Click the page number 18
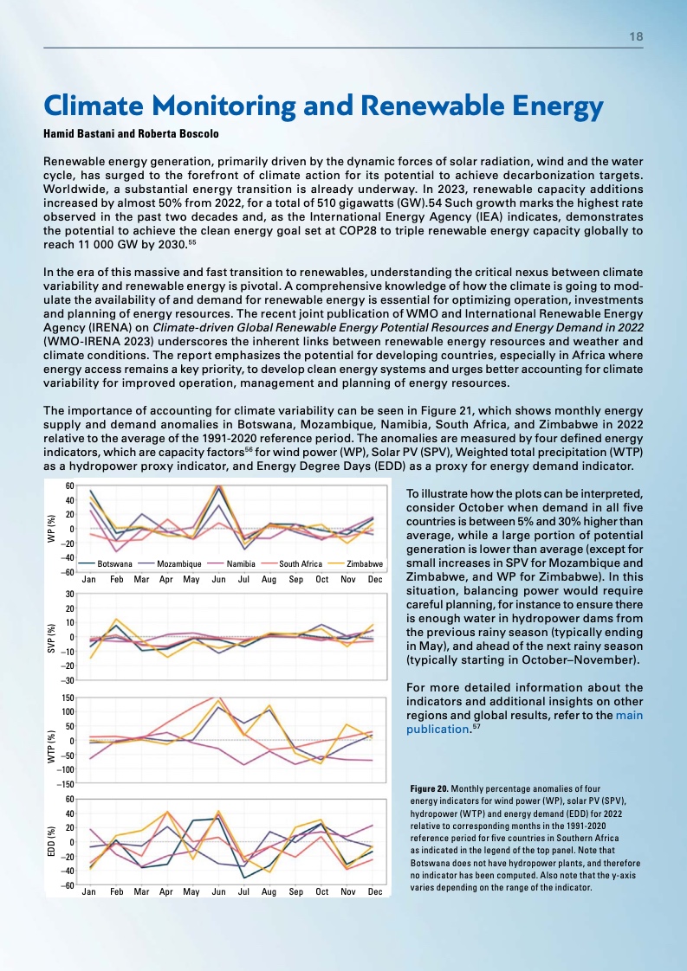tap(636, 37)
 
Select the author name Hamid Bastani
tap(81, 135)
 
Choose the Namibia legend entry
tap(240, 563)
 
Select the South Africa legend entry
tap(301, 563)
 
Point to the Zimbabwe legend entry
tap(364, 563)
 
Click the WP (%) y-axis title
tap(49, 528)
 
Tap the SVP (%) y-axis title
tap(49, 637)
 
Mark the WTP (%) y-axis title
tap(49, 741)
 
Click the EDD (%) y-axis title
tap(49, 842)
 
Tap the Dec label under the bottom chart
tap(374, 891)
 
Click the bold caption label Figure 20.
tap(431, 790)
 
